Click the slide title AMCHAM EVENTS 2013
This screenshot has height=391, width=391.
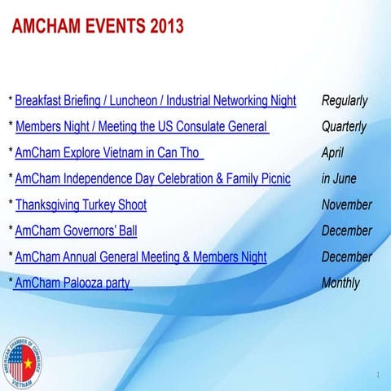[99, 26]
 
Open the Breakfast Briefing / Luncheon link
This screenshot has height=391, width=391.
[156, 101]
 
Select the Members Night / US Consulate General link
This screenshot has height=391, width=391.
[142, 127]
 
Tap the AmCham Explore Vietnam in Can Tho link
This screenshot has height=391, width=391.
[109, 152]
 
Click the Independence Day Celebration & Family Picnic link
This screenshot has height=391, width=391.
[152, 178]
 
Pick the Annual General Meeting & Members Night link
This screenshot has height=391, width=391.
[140, 257]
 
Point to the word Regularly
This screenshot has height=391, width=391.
[345, 101]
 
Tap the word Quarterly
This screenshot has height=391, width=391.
[344, 127]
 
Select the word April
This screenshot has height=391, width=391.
[332, 152]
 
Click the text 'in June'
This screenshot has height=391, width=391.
[339, 178]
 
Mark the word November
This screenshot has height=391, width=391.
[346, 204]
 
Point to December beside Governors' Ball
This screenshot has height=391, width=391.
[346, 231]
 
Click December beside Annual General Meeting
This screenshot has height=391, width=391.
[346, 257]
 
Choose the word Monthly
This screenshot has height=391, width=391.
[340, 283]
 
